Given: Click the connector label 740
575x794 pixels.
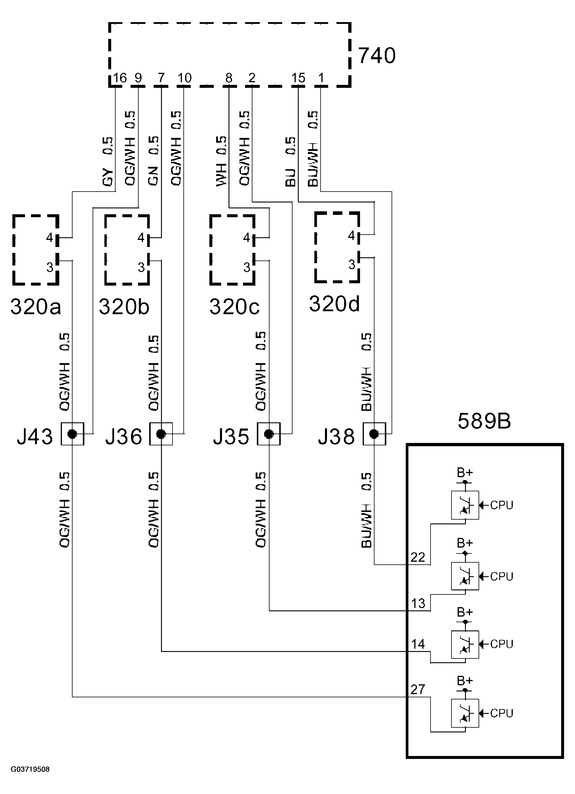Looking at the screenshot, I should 377,56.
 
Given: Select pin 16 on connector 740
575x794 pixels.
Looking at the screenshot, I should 120,78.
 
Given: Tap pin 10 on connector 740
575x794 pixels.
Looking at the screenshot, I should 184,78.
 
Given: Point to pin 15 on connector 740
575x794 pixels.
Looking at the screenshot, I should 298,78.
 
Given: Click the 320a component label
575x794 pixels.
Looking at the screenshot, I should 36,307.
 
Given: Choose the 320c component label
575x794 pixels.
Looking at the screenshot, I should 234,307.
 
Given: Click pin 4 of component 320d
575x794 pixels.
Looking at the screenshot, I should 351,235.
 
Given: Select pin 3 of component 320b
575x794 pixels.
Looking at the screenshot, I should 141,267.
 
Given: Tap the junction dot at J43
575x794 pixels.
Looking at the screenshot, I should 72,434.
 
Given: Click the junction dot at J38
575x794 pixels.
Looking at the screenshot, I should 374,434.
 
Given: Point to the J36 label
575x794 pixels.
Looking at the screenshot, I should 124,436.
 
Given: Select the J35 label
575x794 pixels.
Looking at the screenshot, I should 231,436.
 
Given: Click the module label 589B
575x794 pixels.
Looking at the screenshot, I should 484,421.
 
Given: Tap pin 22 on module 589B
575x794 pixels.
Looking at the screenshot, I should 418,557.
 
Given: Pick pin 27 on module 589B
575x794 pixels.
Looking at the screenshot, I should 418,689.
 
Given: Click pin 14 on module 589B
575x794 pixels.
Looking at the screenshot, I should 418,644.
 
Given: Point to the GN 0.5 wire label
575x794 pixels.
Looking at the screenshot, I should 153,161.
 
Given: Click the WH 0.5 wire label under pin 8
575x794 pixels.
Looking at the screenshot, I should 221,161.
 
